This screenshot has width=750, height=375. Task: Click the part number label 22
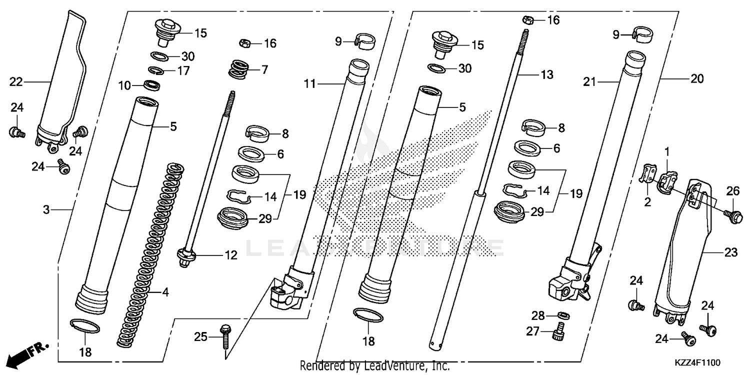click(16, 81)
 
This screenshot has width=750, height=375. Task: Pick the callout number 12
click(230, 256)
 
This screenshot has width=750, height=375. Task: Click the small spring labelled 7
click(240, 68)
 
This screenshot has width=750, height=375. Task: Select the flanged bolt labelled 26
click(733, 216)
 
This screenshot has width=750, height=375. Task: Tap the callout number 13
click(546, 75)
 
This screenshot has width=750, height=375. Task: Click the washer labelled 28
click(563, 316)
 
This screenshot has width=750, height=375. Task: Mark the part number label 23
click(731, 253)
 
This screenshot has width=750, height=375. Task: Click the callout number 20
click(696, 78)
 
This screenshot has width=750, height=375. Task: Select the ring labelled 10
click(152, 85)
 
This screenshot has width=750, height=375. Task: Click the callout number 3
click(46, 210)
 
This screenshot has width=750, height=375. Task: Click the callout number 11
click(310, 83)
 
